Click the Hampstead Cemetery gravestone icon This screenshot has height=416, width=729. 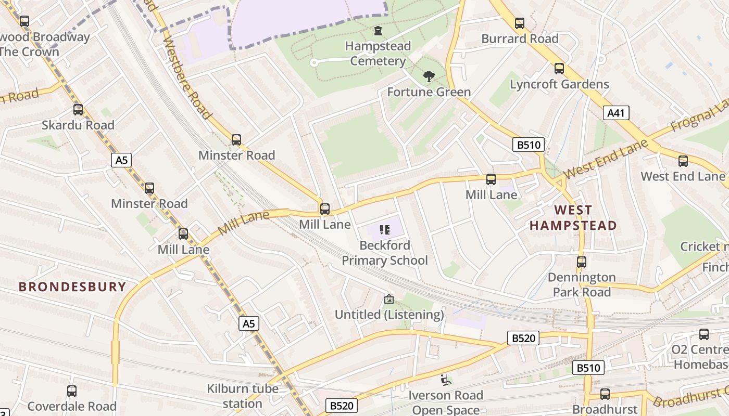378,31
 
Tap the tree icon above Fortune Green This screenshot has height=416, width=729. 429,77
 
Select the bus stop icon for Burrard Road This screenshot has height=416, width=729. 519,23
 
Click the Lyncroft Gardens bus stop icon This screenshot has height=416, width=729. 559,69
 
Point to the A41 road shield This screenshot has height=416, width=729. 617,113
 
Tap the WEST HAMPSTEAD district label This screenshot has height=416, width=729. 573,218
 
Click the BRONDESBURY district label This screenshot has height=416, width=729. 72,287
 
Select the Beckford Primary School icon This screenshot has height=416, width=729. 385,230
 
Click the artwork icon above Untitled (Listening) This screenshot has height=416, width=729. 388,299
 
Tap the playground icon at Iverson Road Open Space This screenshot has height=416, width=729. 445,380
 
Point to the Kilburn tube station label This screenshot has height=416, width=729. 243,396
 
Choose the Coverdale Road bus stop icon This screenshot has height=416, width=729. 72,391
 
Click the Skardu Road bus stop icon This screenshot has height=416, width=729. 78,110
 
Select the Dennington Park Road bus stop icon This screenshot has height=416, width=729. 582,262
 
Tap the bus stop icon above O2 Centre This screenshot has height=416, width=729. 703,334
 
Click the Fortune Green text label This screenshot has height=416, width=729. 429,92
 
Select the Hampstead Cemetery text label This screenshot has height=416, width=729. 378,54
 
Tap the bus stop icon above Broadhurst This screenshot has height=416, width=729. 605,394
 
